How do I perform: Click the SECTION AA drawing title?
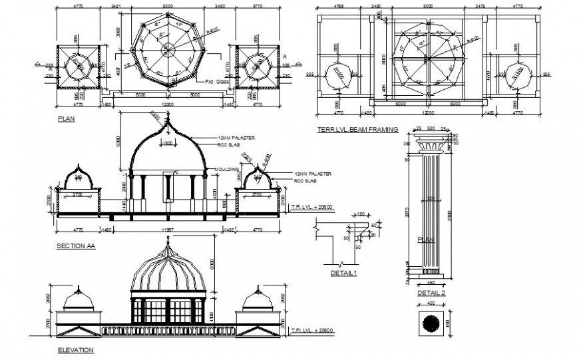[x=76, y=246]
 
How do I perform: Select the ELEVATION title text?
[x=75, y=350]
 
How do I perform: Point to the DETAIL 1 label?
[x=344, y=273]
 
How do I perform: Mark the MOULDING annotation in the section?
[x=226, y=169]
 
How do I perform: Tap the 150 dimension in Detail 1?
[x=361, y=214]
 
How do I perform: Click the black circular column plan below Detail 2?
[x=431, y=323]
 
